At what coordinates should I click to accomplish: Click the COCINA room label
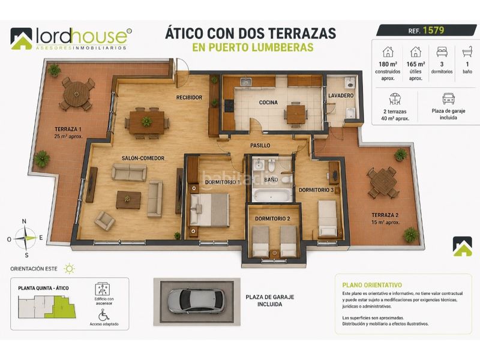pos(268,102)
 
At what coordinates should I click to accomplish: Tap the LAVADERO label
pos(341,95)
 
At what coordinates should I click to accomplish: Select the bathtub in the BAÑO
pos(272,196)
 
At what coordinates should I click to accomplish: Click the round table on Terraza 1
pos(76,94)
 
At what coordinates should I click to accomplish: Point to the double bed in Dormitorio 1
pos(209,209)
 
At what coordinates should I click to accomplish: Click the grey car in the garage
pos(196,301)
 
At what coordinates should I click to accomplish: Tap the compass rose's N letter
pos(24,221)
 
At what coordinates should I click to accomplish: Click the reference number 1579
pos(433,31)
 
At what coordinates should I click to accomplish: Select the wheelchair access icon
pos(104,315)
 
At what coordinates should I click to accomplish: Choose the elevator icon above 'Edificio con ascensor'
pos(103,289)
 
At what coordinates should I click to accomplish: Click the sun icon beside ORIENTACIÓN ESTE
pos(70,269)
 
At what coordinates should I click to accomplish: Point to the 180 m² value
pos(388,64)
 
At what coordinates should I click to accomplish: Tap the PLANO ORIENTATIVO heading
pos(372,285)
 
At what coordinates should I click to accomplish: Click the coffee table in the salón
pos(128,200)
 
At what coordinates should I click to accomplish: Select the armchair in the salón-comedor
pos(104,220)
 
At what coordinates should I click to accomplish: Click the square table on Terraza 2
pos(383,182)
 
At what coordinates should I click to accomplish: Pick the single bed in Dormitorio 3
pos(328,218)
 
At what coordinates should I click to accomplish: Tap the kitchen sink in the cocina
pos(245,82)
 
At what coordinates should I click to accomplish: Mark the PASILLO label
pos(260,145)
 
